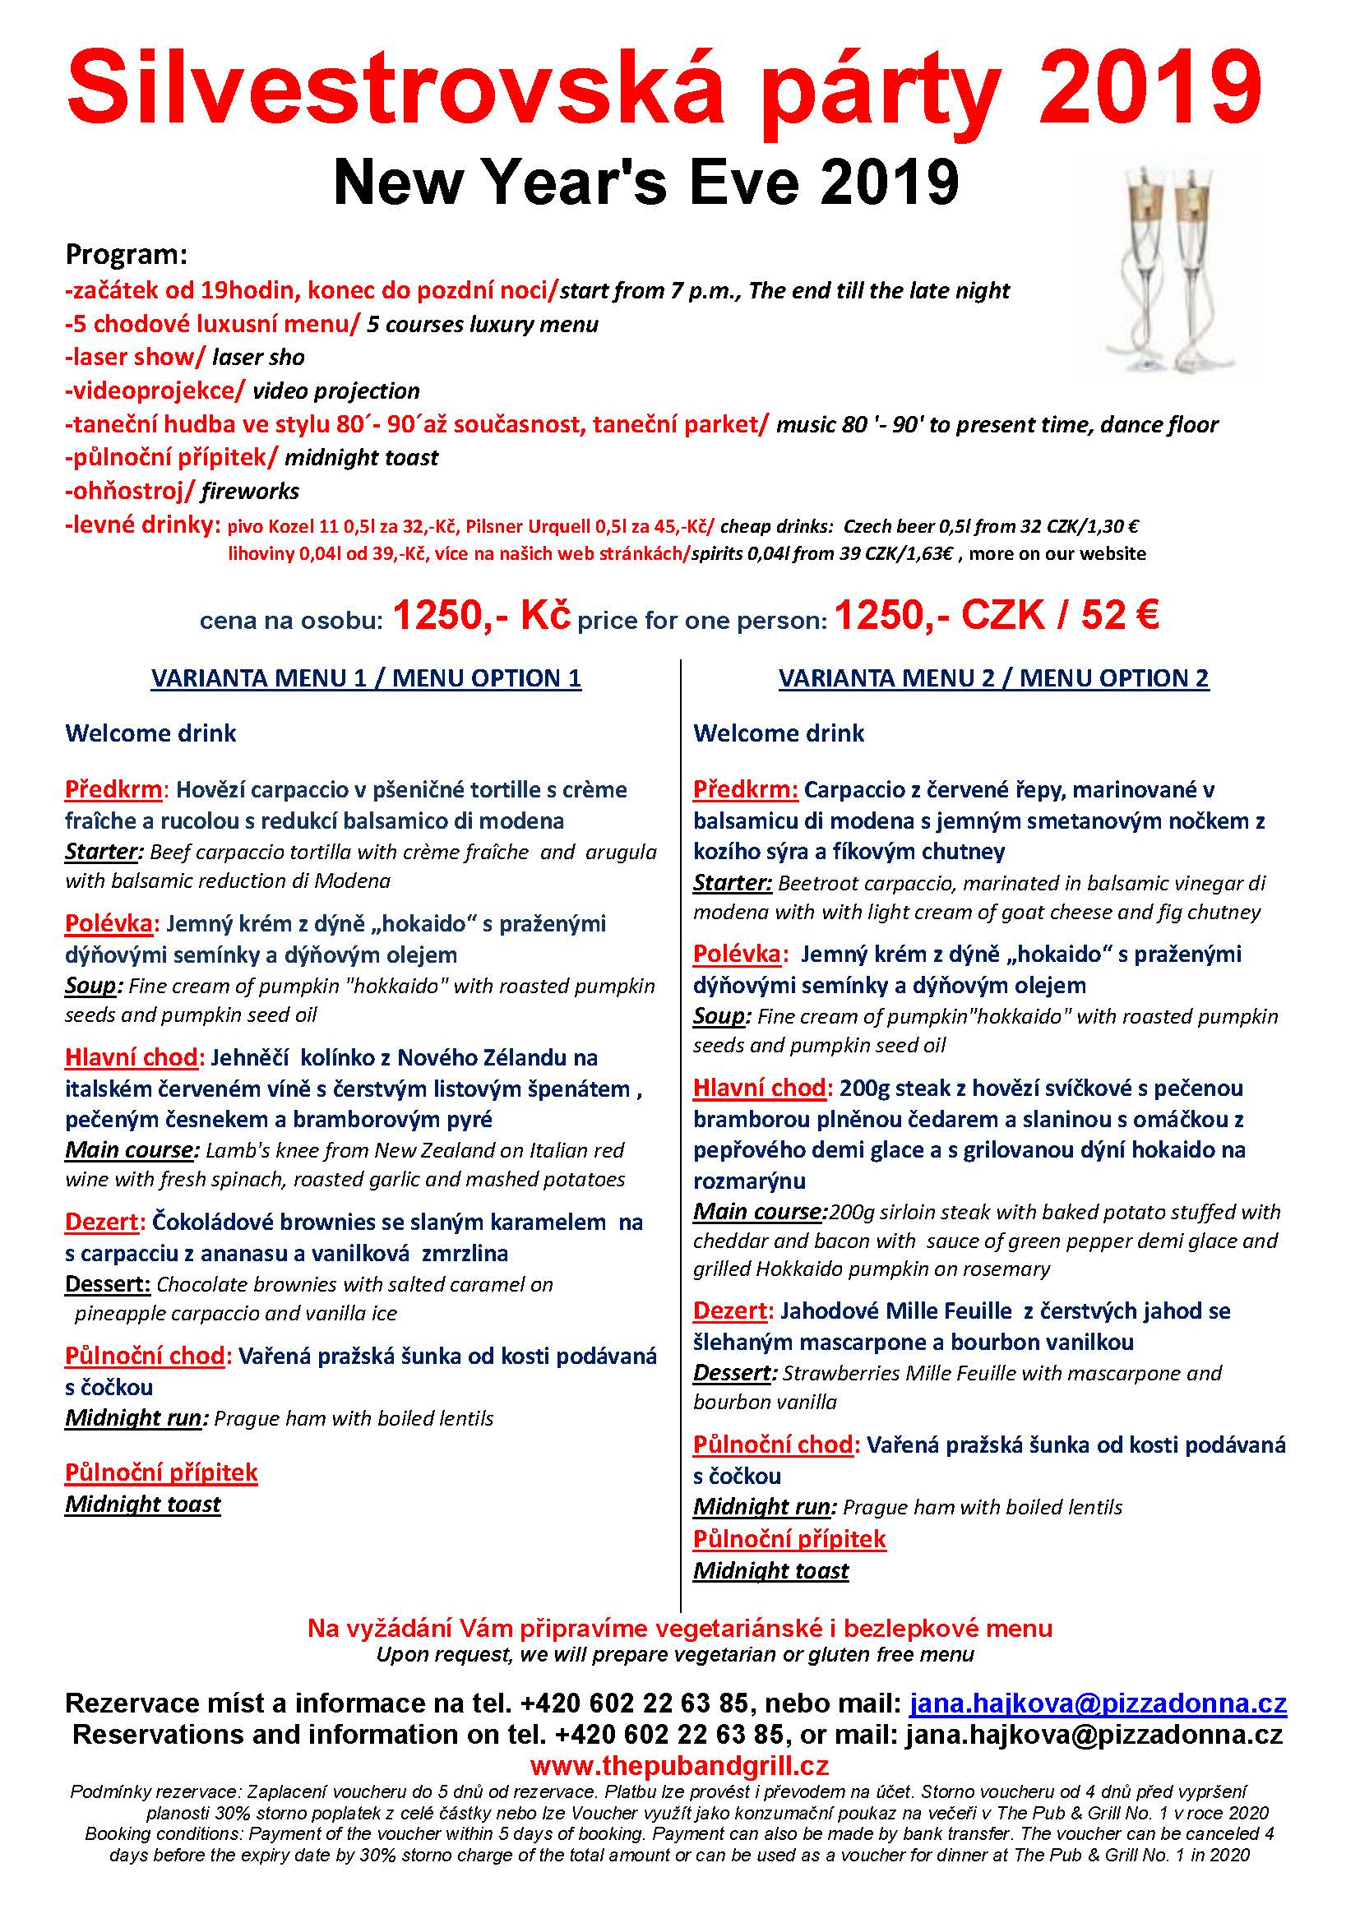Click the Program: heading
point(127,254)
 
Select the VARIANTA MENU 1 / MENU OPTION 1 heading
point(366,678)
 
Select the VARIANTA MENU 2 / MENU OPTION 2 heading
point(993,678)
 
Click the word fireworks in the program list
point(250,492)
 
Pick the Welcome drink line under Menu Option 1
point(150,733)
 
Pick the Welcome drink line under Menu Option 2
point(779,733)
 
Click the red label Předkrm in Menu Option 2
point(744,790)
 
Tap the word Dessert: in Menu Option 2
point(731,1374)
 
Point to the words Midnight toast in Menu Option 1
point(143,1505)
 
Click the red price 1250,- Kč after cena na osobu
point(482,617)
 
